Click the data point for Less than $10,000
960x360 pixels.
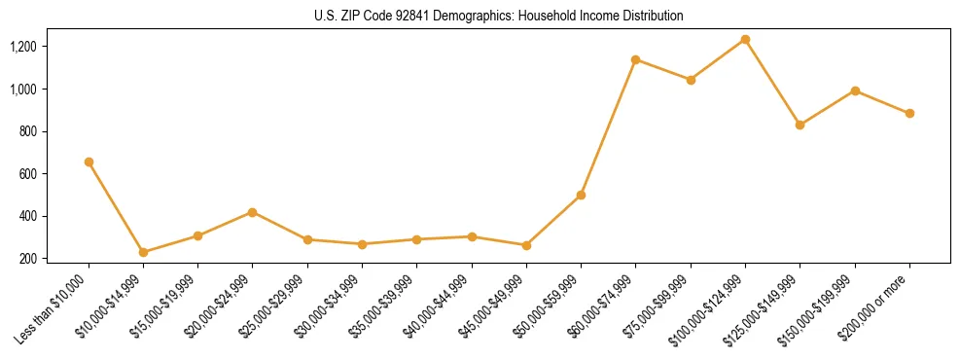(89, 162)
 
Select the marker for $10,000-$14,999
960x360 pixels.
(143, 252)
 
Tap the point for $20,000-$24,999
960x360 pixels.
(253, 212)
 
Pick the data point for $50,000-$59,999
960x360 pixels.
(581, 195)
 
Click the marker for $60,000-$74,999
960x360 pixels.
(635, 59)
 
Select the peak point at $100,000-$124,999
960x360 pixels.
(745, 39)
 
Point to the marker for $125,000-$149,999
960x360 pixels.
(800, 125)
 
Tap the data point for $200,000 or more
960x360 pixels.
(909, 113)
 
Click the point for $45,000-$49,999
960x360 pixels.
(526, 245)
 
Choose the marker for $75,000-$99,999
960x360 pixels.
(691, 80)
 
